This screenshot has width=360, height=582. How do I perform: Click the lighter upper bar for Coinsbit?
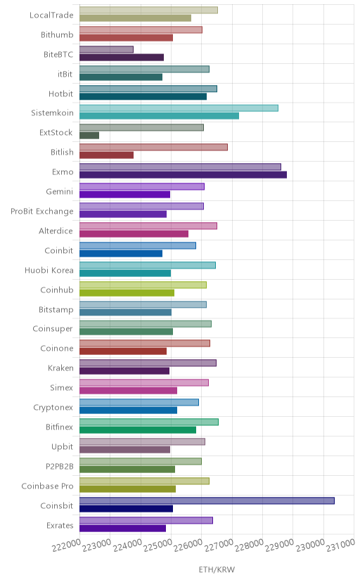coord(207,500)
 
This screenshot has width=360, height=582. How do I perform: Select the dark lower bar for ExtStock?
coord(89,136)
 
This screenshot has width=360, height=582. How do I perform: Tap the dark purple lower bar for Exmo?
coord(183,175)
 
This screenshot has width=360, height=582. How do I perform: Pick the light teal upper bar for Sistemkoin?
coord(179,108)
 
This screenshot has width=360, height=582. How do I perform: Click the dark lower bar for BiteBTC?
coord(122,57)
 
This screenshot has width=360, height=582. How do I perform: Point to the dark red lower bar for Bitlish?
coord(106,155)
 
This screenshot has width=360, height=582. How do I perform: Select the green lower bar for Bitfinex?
coord(138,429)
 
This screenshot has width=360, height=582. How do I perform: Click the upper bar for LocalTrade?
coord(148,10)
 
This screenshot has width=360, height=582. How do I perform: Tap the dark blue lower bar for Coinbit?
coord(121,254)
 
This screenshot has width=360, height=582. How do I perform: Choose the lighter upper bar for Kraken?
coord(148,363)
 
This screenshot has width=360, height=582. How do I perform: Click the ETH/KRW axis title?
coord(217,569)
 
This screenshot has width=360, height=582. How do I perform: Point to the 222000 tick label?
coord(66,545)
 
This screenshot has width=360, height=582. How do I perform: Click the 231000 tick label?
coord(340,545)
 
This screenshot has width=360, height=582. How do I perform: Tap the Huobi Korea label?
coord(49,270)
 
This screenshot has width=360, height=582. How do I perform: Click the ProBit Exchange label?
coord(42,212)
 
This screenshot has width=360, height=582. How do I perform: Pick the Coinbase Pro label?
coord(48,486)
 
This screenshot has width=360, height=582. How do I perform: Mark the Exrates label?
coord(60,526)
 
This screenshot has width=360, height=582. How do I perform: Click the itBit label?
coord(65,75)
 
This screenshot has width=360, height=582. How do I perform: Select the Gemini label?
coord(60,191)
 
